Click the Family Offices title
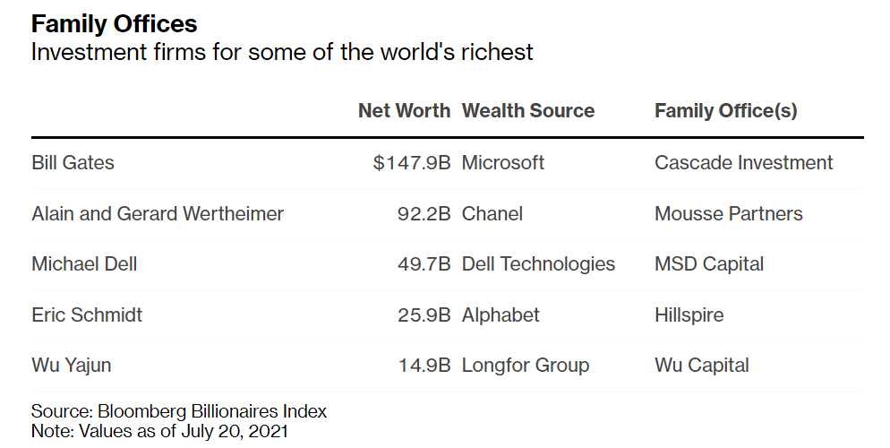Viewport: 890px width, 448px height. point(115,22)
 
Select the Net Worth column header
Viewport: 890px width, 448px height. point(404,111)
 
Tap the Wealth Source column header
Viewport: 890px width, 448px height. point(527,111)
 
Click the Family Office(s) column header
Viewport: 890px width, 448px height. point(725,111)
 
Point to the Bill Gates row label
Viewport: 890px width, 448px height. point(73,163)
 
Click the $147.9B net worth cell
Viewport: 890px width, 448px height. point(412,163)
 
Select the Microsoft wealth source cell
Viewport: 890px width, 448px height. point(502,163)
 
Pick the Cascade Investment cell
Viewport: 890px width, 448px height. point(743,163)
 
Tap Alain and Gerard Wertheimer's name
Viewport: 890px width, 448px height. point(158,214)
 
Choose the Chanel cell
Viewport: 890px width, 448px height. point(492,214)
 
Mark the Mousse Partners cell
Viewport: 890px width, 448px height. point(728,214)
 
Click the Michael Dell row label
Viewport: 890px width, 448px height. point(84,264)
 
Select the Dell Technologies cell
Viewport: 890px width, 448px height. point(538,264)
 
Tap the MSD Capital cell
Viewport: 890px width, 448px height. point(709,264)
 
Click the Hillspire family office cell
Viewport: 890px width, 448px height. point(689,315)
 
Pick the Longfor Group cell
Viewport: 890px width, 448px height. point(525,366)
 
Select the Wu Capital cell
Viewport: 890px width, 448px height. point(701,366)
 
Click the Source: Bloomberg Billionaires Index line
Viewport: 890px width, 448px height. point(179,412)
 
